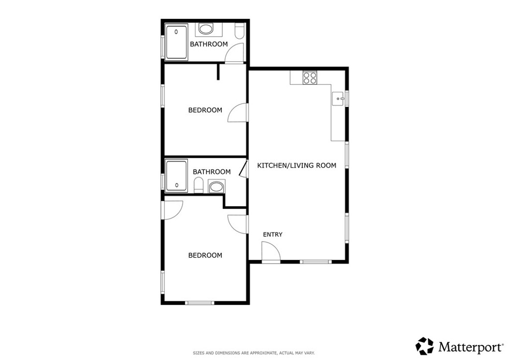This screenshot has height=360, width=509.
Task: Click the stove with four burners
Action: click(311, 78)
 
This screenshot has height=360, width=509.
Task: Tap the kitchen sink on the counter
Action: click(339, 98)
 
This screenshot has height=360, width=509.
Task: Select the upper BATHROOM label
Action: click(209, 44)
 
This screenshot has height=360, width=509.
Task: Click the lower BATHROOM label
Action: click(212, 172)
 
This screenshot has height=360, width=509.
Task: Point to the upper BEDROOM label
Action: click(205, 110)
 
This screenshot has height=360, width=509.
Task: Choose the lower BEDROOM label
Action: click(205, 255)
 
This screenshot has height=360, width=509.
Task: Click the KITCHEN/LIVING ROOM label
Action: click(296, 165)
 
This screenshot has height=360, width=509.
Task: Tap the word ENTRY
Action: click(272, 234)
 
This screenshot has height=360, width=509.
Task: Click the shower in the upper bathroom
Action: click(176, 41)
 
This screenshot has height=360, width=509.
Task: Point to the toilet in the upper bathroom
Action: click(239, 32)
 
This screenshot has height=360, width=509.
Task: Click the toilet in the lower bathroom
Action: click(198, 186)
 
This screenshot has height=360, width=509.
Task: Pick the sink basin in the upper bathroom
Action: click(205, 29)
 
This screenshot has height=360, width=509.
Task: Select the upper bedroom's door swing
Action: click(237, 113)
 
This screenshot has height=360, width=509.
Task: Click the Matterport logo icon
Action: click(424, 346)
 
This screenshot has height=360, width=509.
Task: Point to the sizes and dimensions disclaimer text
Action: click(254, 353)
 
